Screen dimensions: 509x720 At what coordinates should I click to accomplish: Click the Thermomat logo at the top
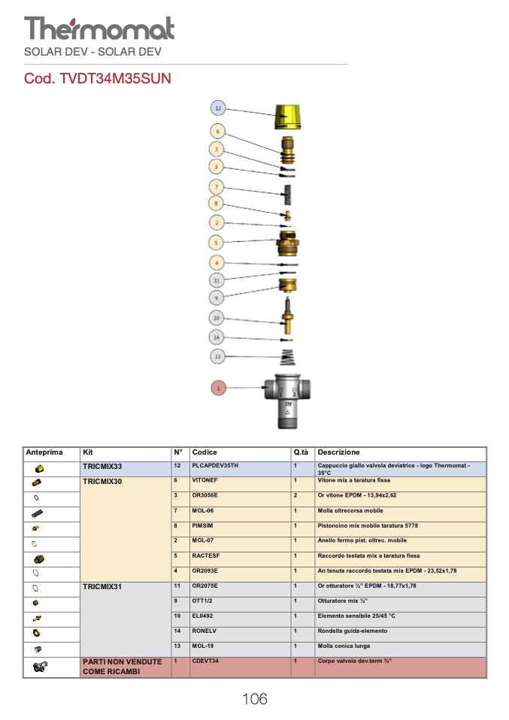(x=99, y=29)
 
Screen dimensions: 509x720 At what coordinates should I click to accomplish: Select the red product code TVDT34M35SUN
(x=98, y=78)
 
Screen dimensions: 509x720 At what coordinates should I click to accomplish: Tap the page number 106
(x=254, y=699)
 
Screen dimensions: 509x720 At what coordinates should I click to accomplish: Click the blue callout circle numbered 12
(x=218, y=108)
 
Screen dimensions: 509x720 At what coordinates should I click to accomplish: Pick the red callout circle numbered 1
(x=218, y=388)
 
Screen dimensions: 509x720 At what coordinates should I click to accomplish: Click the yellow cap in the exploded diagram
(x=287, y=117)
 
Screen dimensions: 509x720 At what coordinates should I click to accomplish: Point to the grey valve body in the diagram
(x=287, y=401)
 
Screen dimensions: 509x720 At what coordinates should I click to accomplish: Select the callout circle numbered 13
(x=217, y=356)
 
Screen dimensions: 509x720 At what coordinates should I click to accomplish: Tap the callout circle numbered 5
(x=216, y=243)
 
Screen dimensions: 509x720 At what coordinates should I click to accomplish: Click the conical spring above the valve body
(x=287, y=357)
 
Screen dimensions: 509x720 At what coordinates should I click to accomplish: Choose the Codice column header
(x=205, y=452)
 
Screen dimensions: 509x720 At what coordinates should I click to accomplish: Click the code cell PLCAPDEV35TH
(x=215, y=466)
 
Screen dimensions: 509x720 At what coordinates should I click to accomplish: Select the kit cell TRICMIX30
(x=102, y=482)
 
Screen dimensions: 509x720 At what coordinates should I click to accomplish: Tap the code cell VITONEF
(x=205, y=480)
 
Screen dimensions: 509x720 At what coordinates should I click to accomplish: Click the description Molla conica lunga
(x=344, y=646)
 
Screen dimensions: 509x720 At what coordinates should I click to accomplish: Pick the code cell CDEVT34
(x=205, y=661)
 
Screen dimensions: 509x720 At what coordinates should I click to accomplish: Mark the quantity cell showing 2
(x=295, y=495)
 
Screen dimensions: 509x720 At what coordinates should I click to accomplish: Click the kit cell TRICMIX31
(x=102, y=587)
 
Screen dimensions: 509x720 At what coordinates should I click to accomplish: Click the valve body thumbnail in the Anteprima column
(x=40, y=667)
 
